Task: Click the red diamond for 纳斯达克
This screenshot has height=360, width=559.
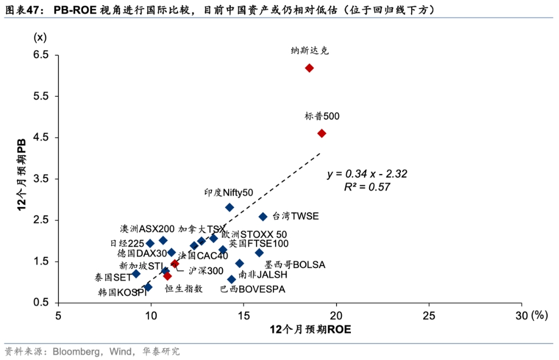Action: point(309,68)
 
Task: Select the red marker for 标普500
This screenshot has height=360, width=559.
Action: point(322,133)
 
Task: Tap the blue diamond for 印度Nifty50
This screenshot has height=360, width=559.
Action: point(230,207)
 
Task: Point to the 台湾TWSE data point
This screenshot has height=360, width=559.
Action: point(263,217)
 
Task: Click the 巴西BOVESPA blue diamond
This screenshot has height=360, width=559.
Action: point(231,279)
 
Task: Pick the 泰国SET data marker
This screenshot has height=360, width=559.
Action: point(136,274)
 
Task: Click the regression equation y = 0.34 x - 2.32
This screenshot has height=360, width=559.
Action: point(367,174)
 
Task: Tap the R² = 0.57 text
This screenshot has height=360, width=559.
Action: point(367,187)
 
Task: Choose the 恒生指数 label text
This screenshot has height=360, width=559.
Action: point(184,289)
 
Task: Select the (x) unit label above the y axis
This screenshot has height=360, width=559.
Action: point(40,38)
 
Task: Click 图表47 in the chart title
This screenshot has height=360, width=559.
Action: point(18,10)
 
